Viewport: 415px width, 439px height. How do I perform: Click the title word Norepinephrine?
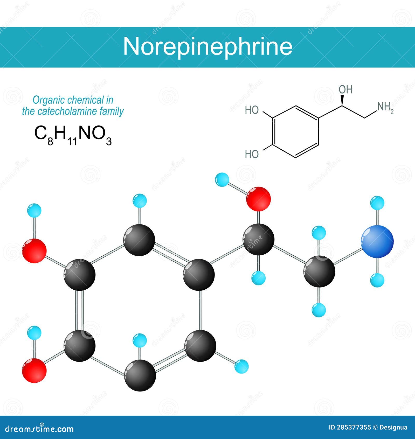point(208,47)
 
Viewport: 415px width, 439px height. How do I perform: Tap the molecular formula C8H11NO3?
point(73,135)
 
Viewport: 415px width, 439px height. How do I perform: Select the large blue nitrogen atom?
point(377,242)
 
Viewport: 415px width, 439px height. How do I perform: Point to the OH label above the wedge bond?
point(345,90)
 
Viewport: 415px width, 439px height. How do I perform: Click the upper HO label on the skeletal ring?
point(252,110)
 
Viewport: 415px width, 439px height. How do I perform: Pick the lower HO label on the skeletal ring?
point(252,154)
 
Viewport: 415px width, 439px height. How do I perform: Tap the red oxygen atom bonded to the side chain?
point(258,199)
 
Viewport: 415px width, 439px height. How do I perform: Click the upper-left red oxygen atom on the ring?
point(34,251)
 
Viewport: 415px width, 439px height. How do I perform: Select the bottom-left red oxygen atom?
point(34,370)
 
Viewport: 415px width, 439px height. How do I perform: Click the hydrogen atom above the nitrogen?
point(377,203)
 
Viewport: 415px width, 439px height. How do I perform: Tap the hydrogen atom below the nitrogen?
point(377,280)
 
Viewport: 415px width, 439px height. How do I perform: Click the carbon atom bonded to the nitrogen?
point(319,271)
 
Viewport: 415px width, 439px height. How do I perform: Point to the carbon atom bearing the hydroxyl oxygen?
point(258,240)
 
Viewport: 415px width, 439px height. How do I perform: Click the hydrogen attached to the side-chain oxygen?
point(222,180)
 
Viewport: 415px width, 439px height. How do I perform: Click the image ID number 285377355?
point(350,428)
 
